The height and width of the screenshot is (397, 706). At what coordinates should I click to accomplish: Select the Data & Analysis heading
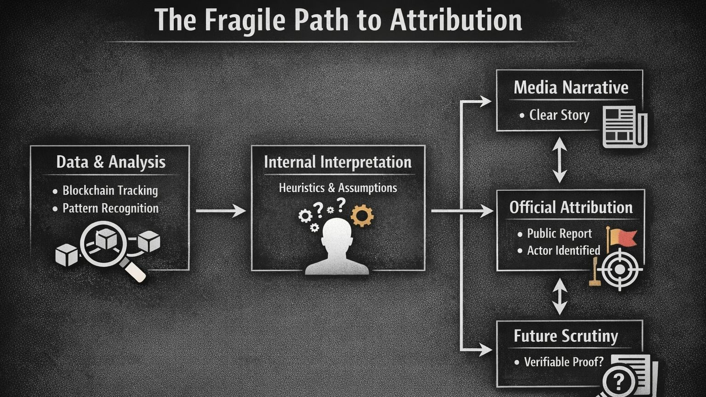[x=111, y=162]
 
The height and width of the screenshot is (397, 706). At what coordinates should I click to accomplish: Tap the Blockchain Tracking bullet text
[x=110, y=190]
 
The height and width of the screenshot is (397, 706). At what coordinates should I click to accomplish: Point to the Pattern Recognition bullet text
[x=110, y=208]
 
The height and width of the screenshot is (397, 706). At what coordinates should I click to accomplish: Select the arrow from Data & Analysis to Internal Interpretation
[x=221, y=211]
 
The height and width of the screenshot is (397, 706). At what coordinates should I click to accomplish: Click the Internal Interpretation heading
[x=338, y=162]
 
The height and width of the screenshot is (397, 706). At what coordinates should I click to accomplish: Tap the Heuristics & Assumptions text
[x=338, y=188]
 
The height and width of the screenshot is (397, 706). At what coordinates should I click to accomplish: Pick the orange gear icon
[x=362, y=215]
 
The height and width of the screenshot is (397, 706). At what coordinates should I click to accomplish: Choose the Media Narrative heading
[x=571, y=87]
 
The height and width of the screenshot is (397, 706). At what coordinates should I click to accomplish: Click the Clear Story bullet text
[x=559, y=115]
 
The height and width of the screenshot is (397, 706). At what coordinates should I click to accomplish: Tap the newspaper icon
[x=624, y=127]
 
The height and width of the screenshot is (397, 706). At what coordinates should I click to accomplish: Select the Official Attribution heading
[x=571, y=207]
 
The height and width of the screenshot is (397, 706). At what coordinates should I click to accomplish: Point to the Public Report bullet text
[x=559, y=234]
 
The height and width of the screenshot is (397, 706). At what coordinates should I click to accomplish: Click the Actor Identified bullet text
[x=564, y=250]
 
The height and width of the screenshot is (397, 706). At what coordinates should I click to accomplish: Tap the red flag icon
[x=622, y=237]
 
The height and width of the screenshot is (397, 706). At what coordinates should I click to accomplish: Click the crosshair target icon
[x=620, y=269]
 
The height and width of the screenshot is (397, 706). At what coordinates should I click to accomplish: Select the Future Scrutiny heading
[x=566, y=336]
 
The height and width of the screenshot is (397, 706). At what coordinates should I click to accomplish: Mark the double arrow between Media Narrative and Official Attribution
[x=559, y=160]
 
